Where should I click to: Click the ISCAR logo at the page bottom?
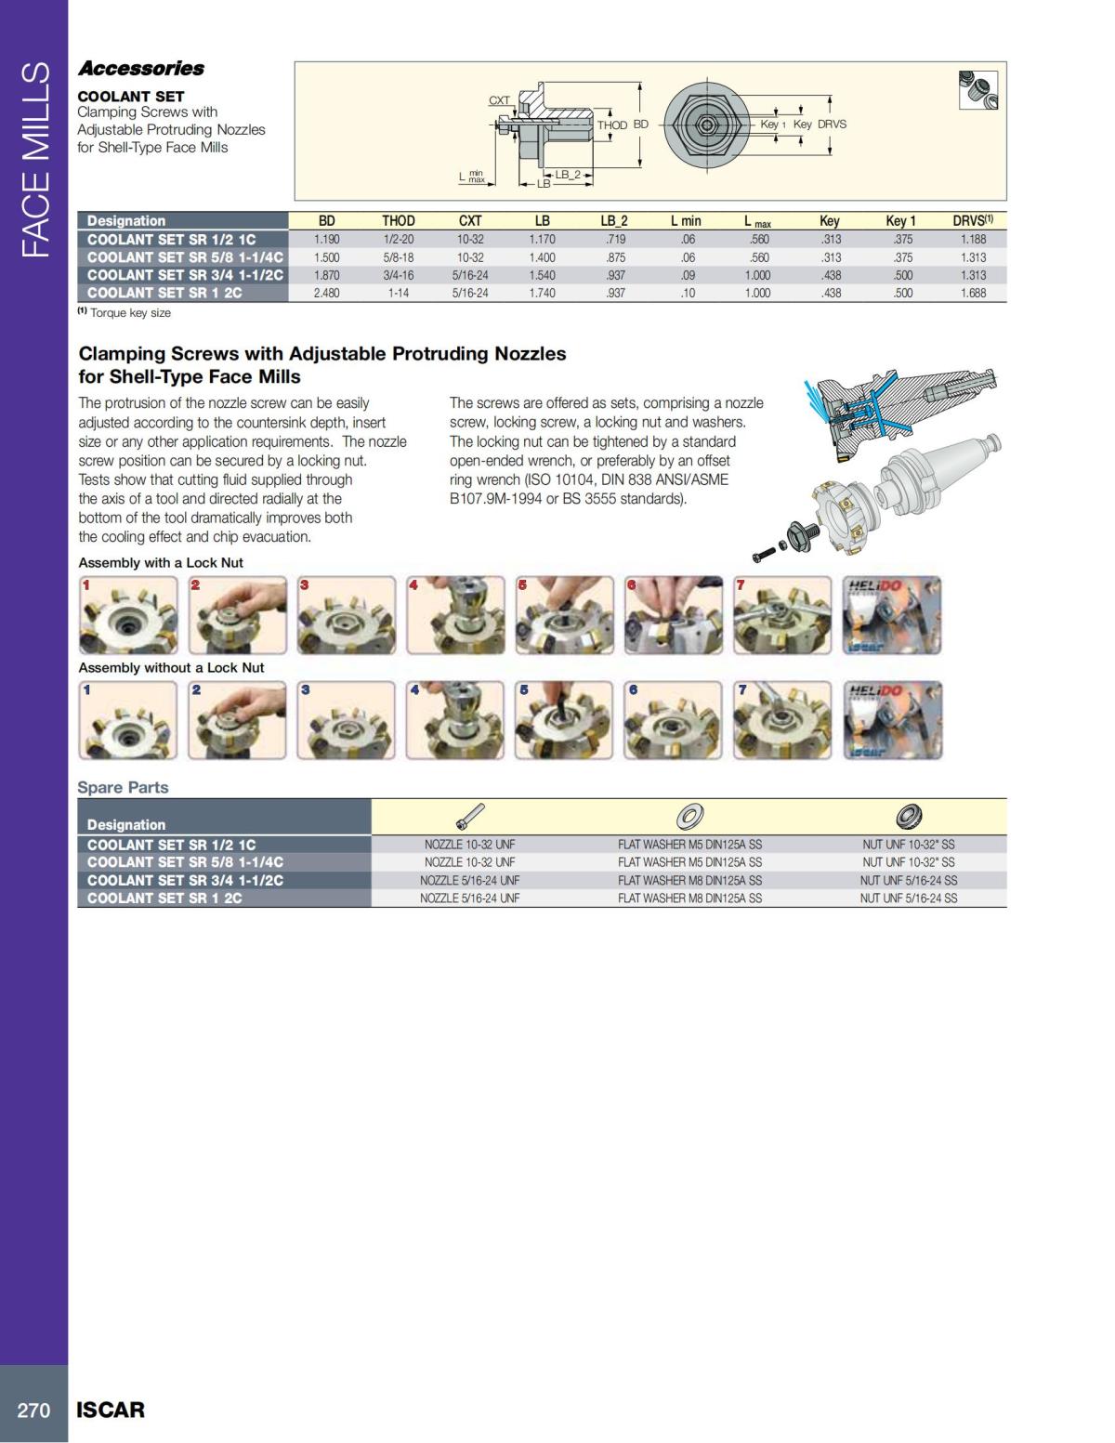[x=111, y=1410]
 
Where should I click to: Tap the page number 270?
[x=33, y=1410]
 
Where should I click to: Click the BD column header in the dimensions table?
[x=327, y=221]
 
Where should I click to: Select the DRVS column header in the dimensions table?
[x=972, y=221]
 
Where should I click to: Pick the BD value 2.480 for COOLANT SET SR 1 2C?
[x=327, y=293]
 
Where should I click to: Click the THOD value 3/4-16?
[x=399, y=275]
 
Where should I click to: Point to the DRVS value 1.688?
[x=973, y=293]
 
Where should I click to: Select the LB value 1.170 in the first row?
[x=542, y=240]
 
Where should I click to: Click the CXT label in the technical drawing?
[x=499, y=100]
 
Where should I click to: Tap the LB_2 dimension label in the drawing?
[x=568, y=175]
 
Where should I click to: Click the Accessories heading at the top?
[x=141, y=68]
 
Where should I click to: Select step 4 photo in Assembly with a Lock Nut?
[x=455, y=615]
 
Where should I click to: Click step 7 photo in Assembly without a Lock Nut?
[x=782, y=720]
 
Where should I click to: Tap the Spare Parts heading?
[x=123, y=787]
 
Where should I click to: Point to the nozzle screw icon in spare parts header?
[x=470, y=817]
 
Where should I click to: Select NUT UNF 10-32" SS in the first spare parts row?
[x=908, y=845]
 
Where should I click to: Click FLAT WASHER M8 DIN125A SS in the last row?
[x=689, y=898]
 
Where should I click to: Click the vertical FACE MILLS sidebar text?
[x=34, y=158]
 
